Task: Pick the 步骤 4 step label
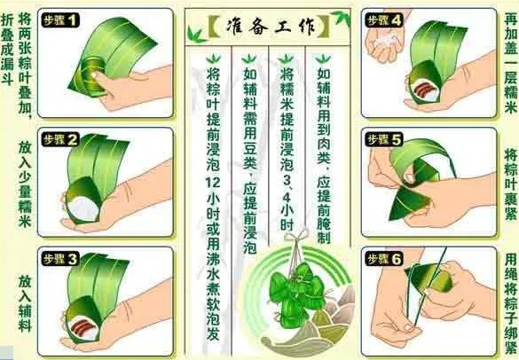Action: pos(383,19)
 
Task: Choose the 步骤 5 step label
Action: pos(383,139)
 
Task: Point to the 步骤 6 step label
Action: pos(383,259)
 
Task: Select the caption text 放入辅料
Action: pos(24,301)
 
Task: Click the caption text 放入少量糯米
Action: pos(24,183)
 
